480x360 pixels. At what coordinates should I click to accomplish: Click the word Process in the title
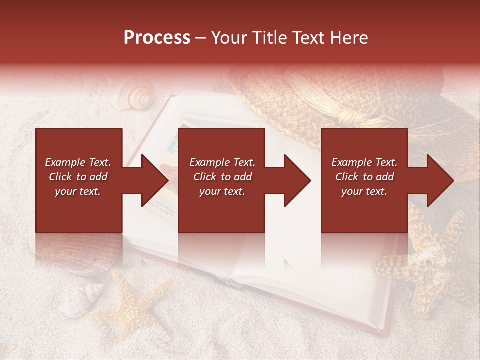point(157,38)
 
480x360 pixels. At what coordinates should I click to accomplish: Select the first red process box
point(79,180)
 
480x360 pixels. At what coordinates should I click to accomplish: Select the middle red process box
point(221,180)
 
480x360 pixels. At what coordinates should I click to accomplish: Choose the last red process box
point(364,180)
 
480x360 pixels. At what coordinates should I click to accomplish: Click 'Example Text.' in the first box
point(78,162)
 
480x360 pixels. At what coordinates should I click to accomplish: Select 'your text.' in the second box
point(222,191)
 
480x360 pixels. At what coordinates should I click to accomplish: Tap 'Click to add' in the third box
point(364,177)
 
